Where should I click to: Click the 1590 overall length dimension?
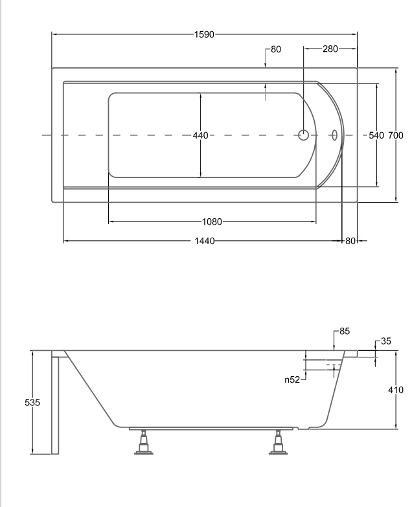point(204,34)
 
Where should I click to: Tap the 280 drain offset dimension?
point(330,49)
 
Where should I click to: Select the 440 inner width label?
point(201,135)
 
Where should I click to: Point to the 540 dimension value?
point(376,135)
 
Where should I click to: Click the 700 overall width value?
point(396,135)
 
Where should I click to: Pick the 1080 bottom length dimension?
point(212,222)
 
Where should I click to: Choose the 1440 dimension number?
point(205,241)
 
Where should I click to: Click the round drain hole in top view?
point(303,135)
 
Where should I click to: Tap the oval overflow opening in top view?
point(334,135)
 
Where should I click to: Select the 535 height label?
point(32,403)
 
